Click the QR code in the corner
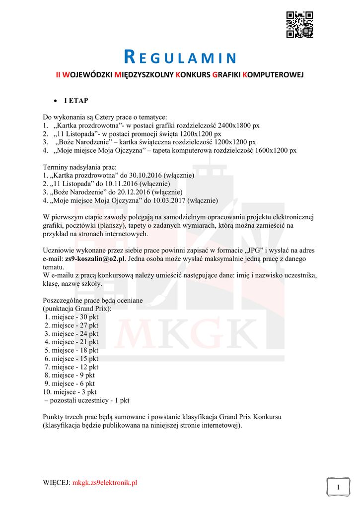[299, 24]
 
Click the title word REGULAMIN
[180, 58]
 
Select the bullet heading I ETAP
[75, 101]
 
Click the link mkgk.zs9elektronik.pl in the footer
[105, 483]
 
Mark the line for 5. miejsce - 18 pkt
[72, 350]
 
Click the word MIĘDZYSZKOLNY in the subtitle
[144, 74]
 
